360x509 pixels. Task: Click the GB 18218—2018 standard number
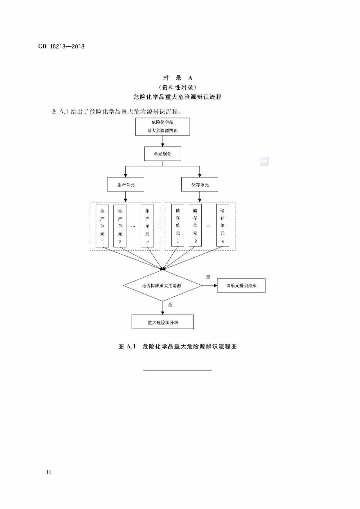pyautogui.click(x=61, y=47)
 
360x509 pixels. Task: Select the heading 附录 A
pyautogui.click(x=178, y=78)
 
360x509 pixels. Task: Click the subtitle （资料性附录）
pyautogui.click(x=178, y=87)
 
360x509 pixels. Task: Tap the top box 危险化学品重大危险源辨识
pyautogui.click(x=162, y=126)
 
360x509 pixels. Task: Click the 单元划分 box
pyautogui.click(x=162, y=154)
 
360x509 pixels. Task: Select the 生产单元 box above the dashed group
pyautogui.click(x=125, y=185)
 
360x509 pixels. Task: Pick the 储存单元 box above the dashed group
pyautogui.click(x=200, y=185)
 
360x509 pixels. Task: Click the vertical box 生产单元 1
pyautogui.click(x=102, y=226)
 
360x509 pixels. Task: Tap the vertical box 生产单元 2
pyautogui.click(x=120, y=226)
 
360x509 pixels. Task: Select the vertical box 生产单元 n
pyautogui.click(x=147, y=226)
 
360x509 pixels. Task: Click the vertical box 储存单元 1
pyautogui.click(x=178, y=225)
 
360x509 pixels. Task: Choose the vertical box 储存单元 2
pyautogui.click(x=195, y=225)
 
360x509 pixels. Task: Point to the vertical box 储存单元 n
pyautogui.click(x=222, y=225)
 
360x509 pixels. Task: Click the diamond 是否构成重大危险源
pyautogui.click(x=162, y=286)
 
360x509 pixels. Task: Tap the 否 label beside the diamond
pyautogui.click(x=208, y=277)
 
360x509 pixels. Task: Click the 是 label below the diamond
pyautogui.click(x=170, y=305)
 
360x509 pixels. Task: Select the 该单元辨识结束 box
pyautogui.click(x=241, y=286)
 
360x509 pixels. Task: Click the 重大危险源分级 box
pyautogui.click(x=162, y=322)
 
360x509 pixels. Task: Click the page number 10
pyautogui.click(x=49, y=472)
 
